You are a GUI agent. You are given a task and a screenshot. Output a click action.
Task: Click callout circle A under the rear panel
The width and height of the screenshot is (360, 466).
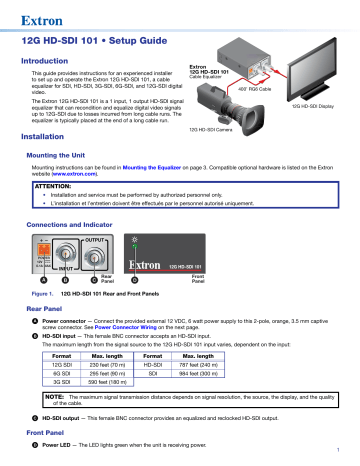click(44, 281)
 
